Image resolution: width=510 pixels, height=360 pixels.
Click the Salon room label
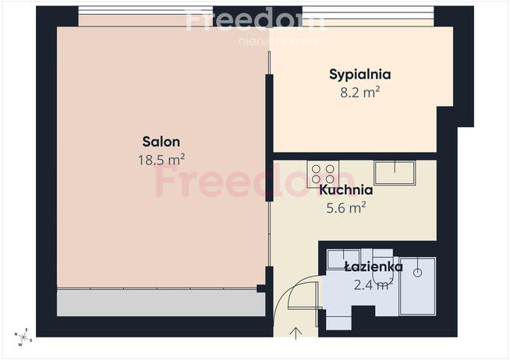point(161,142)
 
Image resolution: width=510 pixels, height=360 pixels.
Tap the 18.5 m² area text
point(161,159)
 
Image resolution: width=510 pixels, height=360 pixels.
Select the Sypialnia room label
point(359,76)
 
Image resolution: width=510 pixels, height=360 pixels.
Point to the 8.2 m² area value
point(359,92)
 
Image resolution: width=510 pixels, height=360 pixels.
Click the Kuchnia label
point(345,189)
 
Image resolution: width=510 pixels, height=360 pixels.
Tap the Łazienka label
point(373,267)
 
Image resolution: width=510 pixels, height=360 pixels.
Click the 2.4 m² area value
point(373,284)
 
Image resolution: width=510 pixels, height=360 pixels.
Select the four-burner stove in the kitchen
point(323,172)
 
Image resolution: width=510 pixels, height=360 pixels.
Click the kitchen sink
point(397,171)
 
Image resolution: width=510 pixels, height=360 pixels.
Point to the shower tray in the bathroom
point(417,285)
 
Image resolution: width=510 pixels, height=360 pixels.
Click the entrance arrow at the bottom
point(296,334)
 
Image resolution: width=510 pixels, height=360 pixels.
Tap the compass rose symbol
point(23,336)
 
